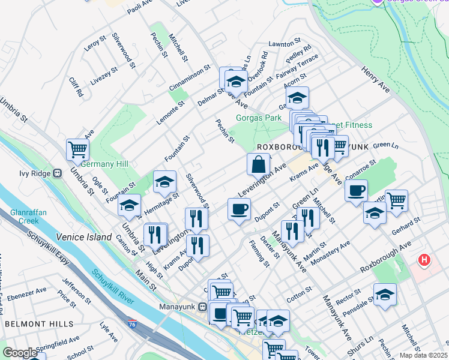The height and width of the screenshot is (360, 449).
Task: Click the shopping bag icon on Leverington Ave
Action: (x=258, y=164)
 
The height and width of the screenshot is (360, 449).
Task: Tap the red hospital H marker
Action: (x=424, y=260)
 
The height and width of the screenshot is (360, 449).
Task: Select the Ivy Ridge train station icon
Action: (x=58, y=173)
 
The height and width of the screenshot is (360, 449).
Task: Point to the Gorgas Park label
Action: (x=258, y=118)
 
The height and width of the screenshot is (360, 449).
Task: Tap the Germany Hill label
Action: (x=105, y=164)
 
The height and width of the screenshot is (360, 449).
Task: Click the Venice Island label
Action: (x=84, y=237)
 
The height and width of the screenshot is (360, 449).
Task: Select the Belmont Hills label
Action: (x=30, y=323)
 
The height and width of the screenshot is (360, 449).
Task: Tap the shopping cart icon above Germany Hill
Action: (x=77, y=149)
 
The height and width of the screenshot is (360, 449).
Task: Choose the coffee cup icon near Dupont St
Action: (x=239, y=209)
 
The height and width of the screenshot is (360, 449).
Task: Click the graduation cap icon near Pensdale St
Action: (x=385, y=294)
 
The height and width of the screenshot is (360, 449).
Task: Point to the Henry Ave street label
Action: (x=375, y=80)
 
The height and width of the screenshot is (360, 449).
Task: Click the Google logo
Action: (x=19, y=353)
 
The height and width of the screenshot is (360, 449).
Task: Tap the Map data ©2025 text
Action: (x=423, y=355)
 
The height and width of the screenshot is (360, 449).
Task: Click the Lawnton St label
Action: (x=284, y=43)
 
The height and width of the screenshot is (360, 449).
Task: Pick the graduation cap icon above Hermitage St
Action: (x=164, y=182)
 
